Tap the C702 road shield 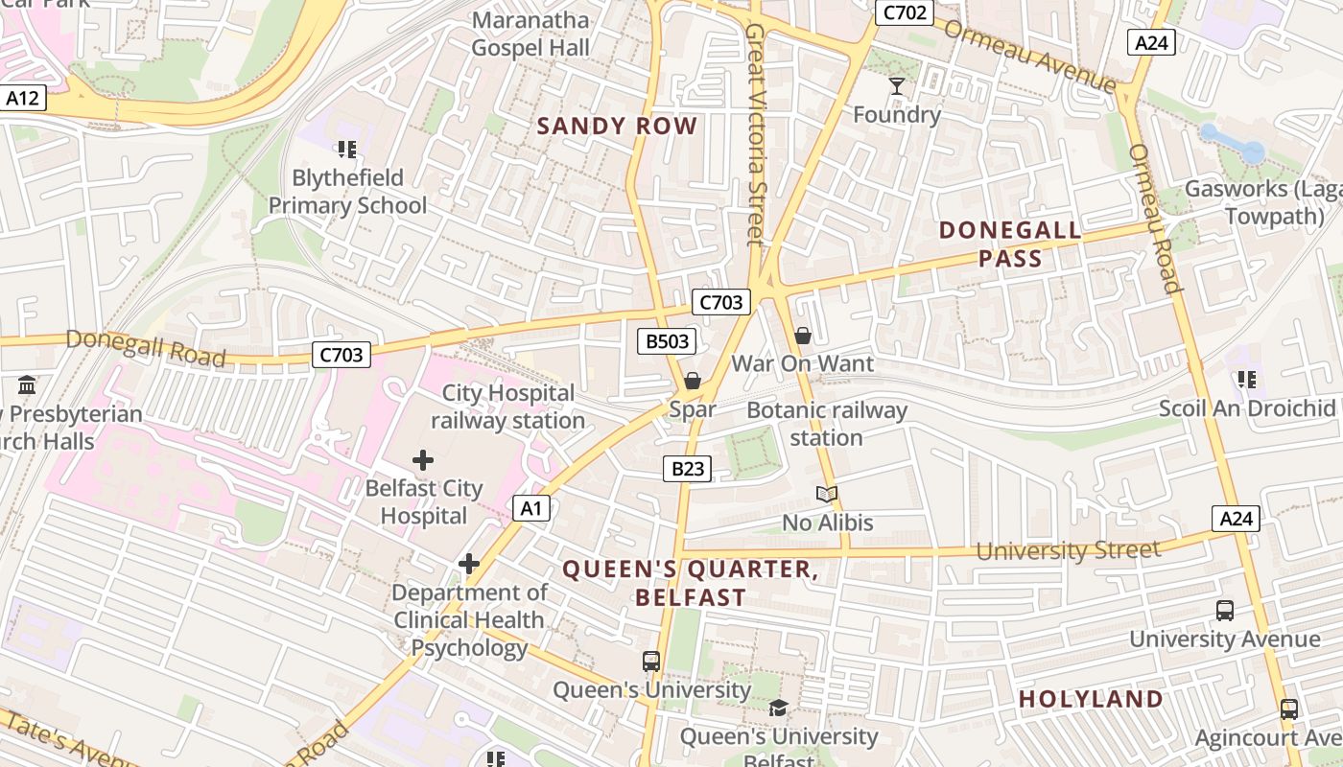[904, 12]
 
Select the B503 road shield [666, 341]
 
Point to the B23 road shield [688, 469]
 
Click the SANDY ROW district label [617, 126]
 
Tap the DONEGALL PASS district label [1010, 244]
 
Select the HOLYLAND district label [1091, 699]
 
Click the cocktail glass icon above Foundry [897, 86]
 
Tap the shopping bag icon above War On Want [803, 336]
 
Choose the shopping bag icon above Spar [692, 382]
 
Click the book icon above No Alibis [827, 495]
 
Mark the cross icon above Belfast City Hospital [423, 460]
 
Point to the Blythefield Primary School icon [347, 150]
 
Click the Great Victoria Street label [757, 134]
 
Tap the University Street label [1068, 551]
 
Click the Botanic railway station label [827, 424]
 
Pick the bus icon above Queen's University [651, 662]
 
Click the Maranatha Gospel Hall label [530, 34]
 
